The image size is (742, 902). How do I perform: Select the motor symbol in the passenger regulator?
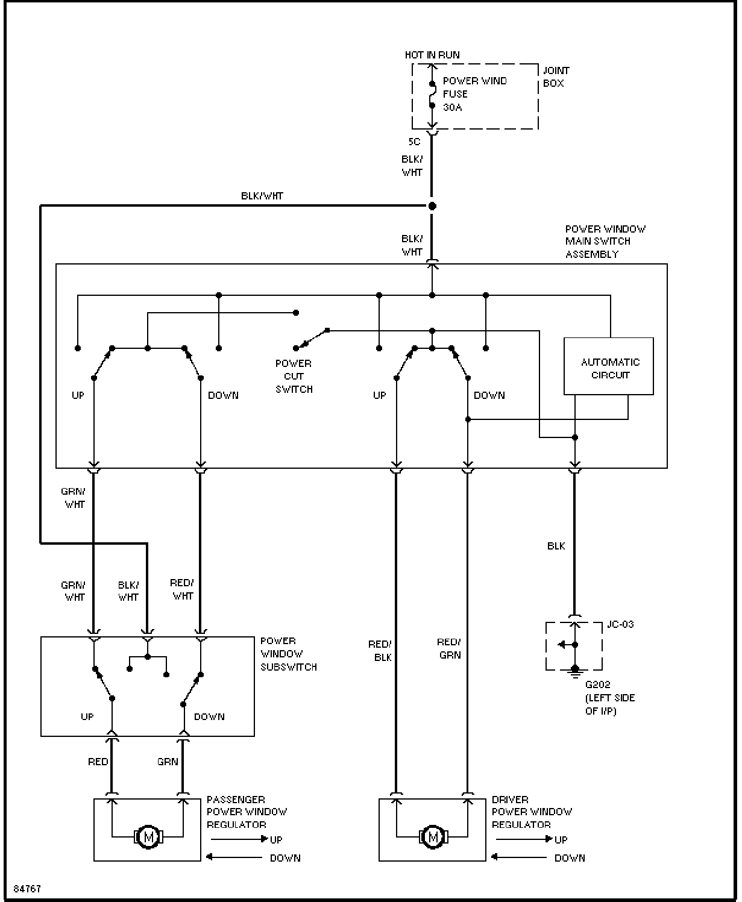click(x=148, y=837)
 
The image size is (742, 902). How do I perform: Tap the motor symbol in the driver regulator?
click(x=433, y=837)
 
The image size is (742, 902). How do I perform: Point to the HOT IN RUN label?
click(x=432, y=55)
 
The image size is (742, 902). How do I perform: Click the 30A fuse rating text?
click(x=452, y=107)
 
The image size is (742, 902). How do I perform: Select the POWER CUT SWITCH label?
click(x=294, y=377)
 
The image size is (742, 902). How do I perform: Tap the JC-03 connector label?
click(x=620, y=624)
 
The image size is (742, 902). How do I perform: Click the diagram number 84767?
click(x=27, y=889)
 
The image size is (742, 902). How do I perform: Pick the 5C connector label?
click(x=414, y=142)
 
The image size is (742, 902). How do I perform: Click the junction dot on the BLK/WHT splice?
click(x=432, y=206)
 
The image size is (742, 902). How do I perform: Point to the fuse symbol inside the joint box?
click(x=432, y=95)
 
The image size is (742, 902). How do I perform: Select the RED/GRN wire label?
click(x=449, y=648)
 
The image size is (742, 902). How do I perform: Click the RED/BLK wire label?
click(x=380, y=651)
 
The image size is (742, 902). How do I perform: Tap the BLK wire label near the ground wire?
click(x=556, y=546)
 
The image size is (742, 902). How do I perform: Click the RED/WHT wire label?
click(x=182, y=589)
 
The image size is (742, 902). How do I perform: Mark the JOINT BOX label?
click(x=556, y=77)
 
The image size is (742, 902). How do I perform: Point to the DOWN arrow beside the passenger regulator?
click(x=234, y=857)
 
